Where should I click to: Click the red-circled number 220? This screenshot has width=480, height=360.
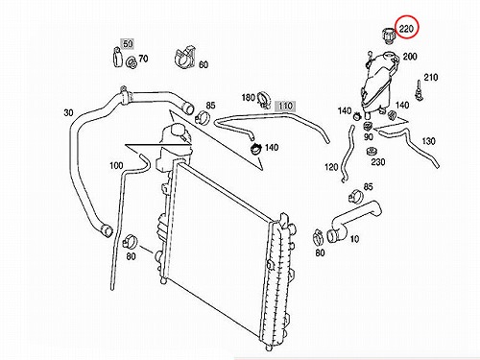tap(406, 29)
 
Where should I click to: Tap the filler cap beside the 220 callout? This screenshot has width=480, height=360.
tap(389, 36)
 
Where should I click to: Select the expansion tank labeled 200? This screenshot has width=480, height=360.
tap(380, 84)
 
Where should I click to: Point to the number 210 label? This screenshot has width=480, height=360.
tap(431, 77)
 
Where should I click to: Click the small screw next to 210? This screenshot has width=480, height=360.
tap(419, 91)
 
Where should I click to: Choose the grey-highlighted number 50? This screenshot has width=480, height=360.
tap(128, 43)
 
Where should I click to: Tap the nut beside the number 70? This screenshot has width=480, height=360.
tap(132, 62)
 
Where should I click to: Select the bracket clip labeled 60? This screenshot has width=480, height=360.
tap(185, 58)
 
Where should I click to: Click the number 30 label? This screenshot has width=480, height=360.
tap(68, 112)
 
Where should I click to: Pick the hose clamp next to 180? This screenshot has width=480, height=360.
tap(264, 99)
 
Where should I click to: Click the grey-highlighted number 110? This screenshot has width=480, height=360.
tap(285, 106)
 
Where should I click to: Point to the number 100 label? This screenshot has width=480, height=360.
tap(116, 165)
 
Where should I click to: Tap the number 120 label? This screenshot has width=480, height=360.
tap(331, 167)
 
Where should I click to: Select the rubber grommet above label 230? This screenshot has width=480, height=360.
tap(371, 151)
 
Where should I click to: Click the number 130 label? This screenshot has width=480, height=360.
tap(429, 141)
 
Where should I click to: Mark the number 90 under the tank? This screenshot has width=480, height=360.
tap(369, 137)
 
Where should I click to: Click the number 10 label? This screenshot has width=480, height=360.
tap(354, 239)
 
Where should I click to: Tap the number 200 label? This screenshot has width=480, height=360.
tap(410, 57)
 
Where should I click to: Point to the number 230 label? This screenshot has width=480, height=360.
tap(378, 162)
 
